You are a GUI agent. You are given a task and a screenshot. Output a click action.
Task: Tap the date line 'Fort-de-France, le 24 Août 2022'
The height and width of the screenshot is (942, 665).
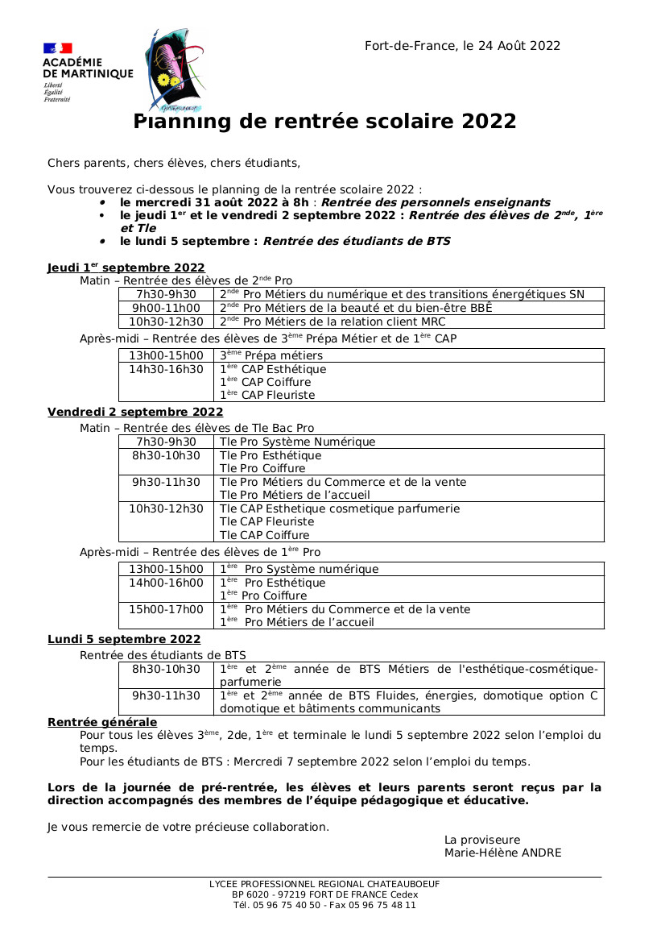[x=462, y=46]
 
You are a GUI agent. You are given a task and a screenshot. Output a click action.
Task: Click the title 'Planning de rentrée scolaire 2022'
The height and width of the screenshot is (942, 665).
[x=324, y=122]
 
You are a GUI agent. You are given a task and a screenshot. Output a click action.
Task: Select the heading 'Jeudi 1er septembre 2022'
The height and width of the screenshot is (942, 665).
[x=126, y=268]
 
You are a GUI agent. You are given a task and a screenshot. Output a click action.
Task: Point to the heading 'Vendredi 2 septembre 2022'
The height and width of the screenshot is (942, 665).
[x=135, y=412]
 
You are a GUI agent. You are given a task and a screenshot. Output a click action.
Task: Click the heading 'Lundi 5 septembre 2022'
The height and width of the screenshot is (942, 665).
[x=124, y=639]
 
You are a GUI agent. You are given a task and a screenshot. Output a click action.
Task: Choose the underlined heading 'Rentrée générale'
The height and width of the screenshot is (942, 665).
[x=102, y=722]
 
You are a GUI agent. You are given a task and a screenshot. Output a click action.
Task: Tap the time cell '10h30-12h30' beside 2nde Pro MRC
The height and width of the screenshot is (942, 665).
[x=167, y=322]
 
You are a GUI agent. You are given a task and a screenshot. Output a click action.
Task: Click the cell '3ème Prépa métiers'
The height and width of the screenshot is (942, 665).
[x=271, y=355]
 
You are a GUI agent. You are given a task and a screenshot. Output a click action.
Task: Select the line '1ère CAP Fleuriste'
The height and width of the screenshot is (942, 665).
[x=267, y=395]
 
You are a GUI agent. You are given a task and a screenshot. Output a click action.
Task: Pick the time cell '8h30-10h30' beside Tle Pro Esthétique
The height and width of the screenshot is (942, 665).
[x=167, y=455]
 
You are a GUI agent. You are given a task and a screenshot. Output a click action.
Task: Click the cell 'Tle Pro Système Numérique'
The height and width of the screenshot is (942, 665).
[x=297, y=442]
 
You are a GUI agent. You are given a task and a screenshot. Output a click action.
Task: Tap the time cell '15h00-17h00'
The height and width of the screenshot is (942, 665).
[x=167, y=609]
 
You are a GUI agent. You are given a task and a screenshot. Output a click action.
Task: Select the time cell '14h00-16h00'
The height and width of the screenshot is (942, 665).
[x=167, y=583]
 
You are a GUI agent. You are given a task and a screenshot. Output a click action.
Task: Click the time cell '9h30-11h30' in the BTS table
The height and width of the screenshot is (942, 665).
[x=167, y=695]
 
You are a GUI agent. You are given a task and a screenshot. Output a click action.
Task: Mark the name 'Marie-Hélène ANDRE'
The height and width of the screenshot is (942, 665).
[x=502, y=853]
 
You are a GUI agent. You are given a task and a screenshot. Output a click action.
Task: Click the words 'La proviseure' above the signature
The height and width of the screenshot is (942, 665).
[x=482, y=840]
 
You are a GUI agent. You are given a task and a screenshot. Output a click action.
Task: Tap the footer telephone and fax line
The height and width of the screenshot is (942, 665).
[x=324, y=905]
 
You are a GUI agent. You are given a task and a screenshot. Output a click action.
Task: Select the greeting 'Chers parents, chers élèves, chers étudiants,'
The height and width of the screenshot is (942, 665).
[x=174, y=163]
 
